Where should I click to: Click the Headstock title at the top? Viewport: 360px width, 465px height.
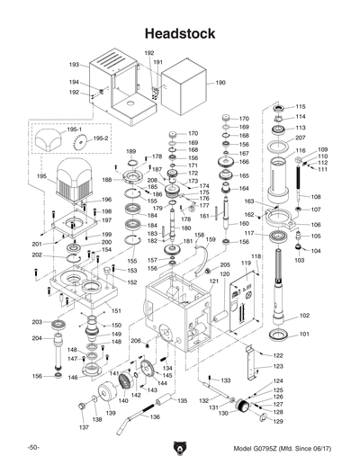(x=180, y=32)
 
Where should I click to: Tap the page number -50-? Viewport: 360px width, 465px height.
(x=33, y=447)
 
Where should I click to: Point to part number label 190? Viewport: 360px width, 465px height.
(x=220, y=82)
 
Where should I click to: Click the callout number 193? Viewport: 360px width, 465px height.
(x=75, y=65)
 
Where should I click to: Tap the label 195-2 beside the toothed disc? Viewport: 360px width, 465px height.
(x=101, y=139)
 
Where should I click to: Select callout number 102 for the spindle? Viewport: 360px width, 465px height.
(x=304, y=316)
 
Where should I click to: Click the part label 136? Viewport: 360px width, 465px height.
(x=155, y=416)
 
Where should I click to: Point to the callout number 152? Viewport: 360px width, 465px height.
(x=131, y=282)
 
